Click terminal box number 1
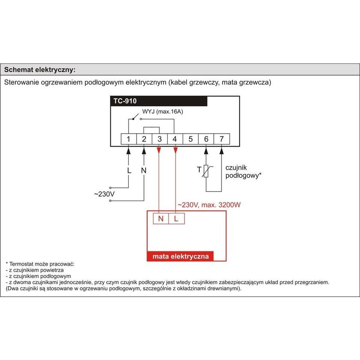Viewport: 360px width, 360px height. coord(128,139)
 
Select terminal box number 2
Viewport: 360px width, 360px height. coord(144,139)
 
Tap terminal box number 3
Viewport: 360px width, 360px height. coord(159,139)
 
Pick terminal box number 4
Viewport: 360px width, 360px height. coord(175,139)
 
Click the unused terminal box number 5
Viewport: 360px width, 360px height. coord(190,139)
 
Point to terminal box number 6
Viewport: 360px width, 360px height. coord(206,139)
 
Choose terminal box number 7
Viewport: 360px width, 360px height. coord(222,139)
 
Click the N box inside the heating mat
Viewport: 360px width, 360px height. coord(161,219)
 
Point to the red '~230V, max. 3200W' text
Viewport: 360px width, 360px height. coord(209,205)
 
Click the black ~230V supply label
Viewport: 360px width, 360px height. coord(104,194)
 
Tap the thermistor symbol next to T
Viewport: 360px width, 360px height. coord(206,171)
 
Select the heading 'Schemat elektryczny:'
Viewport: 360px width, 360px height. coord(40,69)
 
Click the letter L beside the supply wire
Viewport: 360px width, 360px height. coord(129,170)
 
